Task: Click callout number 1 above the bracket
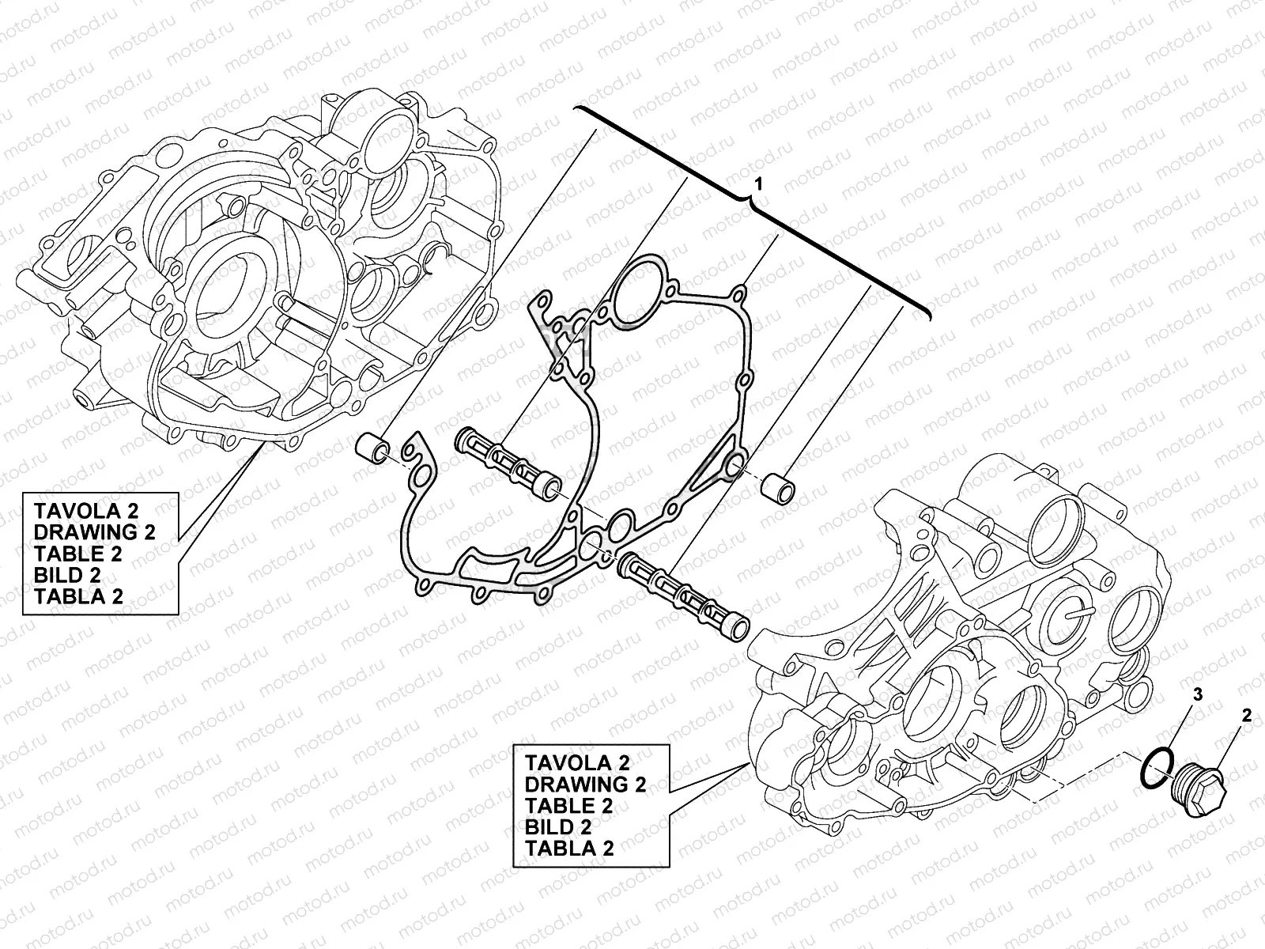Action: coord(758,183)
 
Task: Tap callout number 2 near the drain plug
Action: coord(1247,716)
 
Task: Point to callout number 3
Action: coord(1198,694)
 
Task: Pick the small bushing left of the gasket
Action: coord(372,449)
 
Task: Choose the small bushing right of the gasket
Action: coord(778,488)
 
